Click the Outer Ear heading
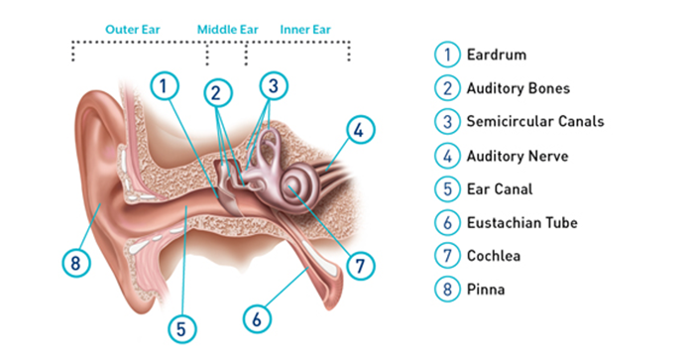coord(135,29)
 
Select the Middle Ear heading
coord(227,29)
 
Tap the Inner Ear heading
coord(305,29)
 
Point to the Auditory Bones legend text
coord(519,87)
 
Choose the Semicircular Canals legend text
coord(535,121)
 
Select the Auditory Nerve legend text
coord(518,155)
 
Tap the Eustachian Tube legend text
coord(521,223)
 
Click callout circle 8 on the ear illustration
coord(73,263)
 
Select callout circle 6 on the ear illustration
coord(257,318)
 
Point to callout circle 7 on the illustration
coord(361,266)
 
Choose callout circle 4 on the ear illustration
coord(361,129)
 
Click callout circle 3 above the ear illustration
coord(276,86)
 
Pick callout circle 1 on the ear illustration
coord(166,86)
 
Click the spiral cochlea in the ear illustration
coord(294,185)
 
